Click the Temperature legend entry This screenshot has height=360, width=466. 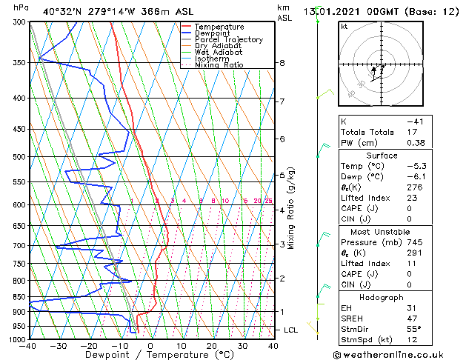(x=215, y=27)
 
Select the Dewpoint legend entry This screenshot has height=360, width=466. (x=211, y=33)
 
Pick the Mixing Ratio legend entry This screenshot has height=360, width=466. (x=219, y=65)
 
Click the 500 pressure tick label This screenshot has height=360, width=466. (x=18, y=157)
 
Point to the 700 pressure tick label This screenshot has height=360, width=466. (x=18, y=245)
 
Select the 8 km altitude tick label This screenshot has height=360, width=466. (x=282, y=63)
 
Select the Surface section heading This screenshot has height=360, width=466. (x=382, y=156)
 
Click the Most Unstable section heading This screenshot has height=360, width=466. (x=382, y=231)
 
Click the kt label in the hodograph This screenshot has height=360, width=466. (x=344, y=26)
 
